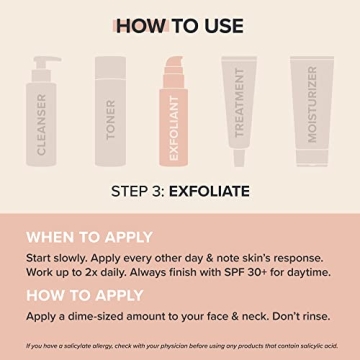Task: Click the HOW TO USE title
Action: click(x=180, y=23)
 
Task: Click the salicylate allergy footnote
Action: click(x=179, y=345)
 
